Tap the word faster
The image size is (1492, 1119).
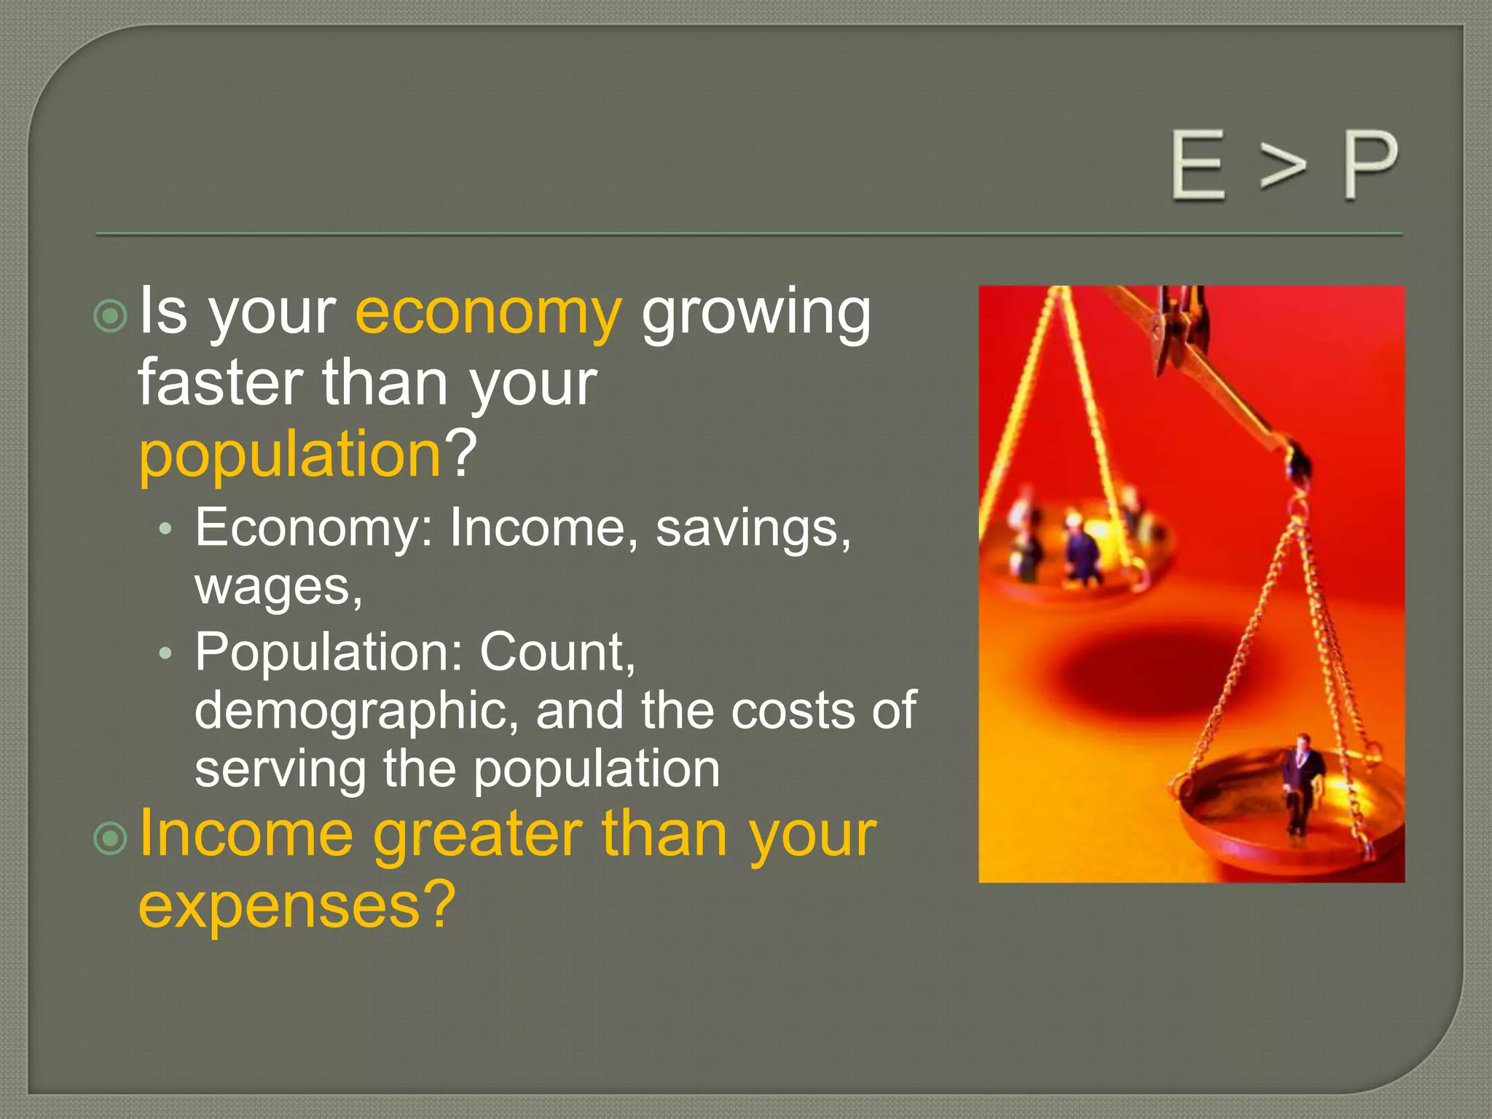coord(220,383)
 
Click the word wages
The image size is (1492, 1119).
coord(278,586)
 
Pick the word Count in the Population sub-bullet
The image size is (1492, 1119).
coord(557,651)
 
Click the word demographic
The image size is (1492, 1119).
coord(356,710)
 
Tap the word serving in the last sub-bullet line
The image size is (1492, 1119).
coord(280,769)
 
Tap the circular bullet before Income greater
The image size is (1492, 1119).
coord(111,839)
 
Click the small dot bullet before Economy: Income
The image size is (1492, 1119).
coord(166,530)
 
